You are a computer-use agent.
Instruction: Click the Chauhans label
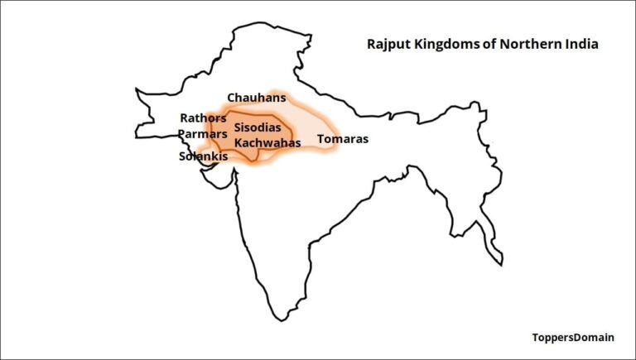[x=257, y=98]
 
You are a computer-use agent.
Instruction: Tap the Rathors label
[x=203, y=118]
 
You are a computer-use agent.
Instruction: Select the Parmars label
[x=202, y=134]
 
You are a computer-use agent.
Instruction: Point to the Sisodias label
[x=263, y=128]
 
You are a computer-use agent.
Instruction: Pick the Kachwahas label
[x=266, y=142]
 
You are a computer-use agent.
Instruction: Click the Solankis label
[x=204, y=156]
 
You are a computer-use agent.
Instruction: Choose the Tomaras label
[x=342, y=139]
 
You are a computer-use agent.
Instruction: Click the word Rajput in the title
[x=387, y=44]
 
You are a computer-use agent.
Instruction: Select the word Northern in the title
[x=523, y=44]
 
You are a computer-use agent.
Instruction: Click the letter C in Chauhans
[x=232, y=98]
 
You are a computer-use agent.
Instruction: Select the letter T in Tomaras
[x=320, y=139]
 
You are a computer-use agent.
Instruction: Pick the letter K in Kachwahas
[x=238, y=142]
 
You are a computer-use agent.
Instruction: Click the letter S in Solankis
[x=183, y=156]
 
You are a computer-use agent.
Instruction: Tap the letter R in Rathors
[x=185, y=118]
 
